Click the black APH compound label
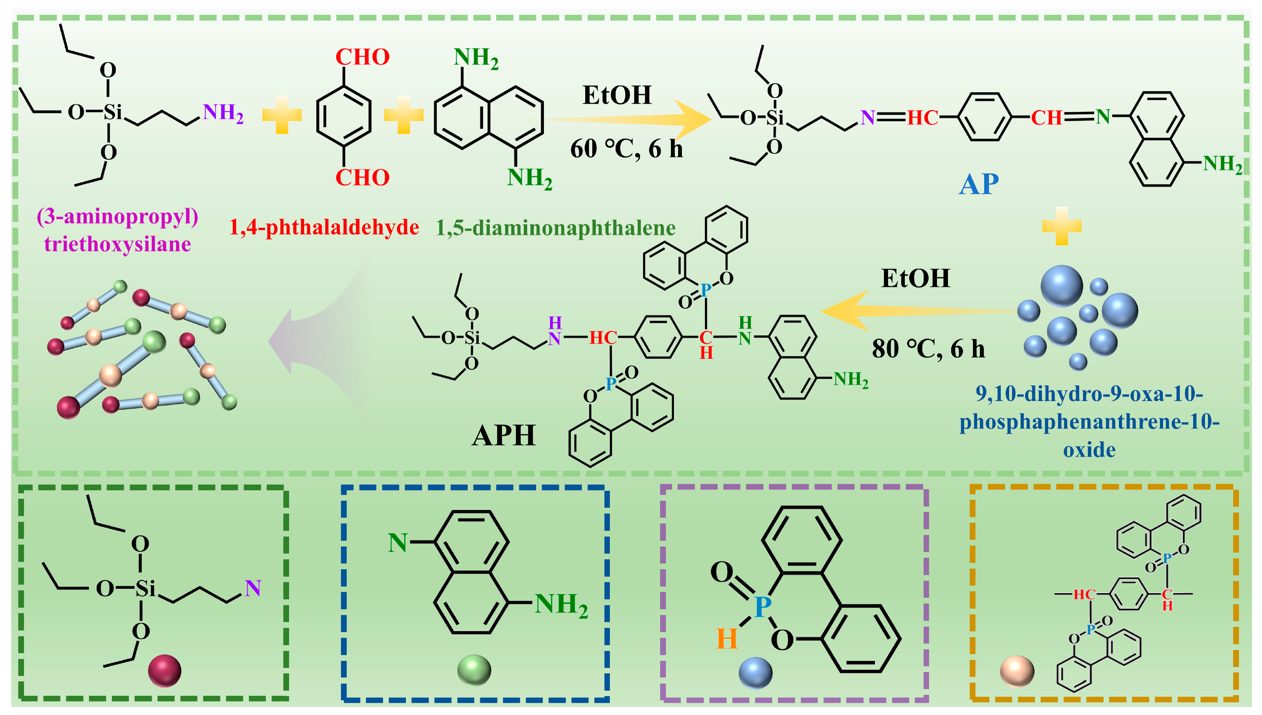point(504,436)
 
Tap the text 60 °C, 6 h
point(626,148)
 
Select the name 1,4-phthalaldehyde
point(324,227)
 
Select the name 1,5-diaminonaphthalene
point(555,228)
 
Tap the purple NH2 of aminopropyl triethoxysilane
point(223,113)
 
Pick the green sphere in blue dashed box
point(474,670)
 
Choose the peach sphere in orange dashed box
point(1017,671)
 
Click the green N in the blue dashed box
point(397,543)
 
